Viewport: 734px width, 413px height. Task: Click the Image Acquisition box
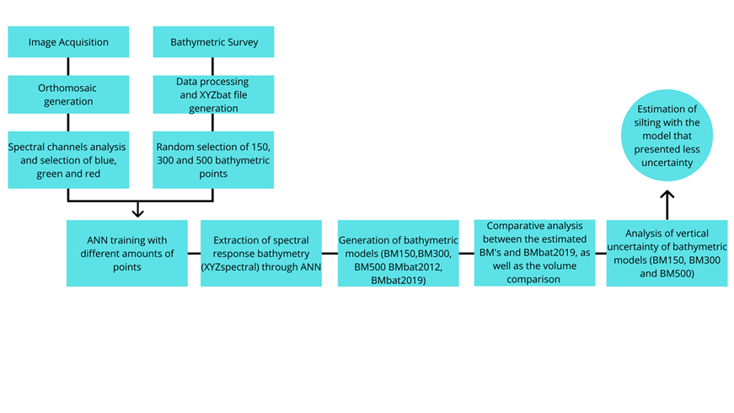click(x=68, y=42)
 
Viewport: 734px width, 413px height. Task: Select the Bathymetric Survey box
click(x=214, y=42)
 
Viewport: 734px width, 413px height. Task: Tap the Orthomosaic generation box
click(x=68, y=94)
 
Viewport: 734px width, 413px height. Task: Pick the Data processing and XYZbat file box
click(x=214, y=94)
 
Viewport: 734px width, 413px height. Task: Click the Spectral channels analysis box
click(x=68, y=159)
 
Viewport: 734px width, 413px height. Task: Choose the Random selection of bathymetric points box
click(x=214, y=159)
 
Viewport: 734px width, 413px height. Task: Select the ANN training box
click(x=127, y=253)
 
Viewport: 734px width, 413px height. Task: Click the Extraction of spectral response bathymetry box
click(x=260, y=253)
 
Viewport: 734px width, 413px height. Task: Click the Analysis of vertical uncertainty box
click(x=667, y=253)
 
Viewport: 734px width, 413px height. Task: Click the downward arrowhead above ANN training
click(x=140, y=211)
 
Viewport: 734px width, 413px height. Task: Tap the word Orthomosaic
click(x=69, y=87)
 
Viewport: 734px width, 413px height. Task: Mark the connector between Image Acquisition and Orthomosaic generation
click(x=68, y=67)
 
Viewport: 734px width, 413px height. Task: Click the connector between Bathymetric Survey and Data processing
click(x=214, y=67)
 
